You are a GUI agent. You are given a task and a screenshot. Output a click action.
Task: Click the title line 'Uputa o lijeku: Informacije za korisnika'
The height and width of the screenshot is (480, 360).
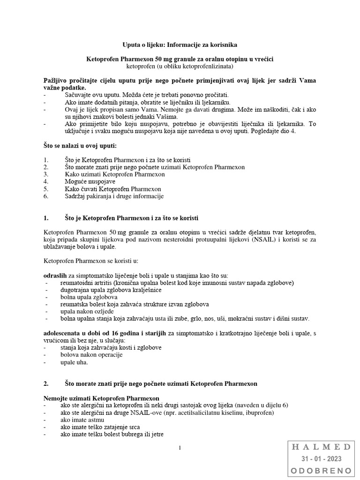tap(180, 45)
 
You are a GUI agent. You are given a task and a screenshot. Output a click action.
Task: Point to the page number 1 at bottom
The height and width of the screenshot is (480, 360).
tap(180, 448)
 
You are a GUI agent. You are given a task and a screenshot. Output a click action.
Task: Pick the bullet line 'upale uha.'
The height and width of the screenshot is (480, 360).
tap(74, 362)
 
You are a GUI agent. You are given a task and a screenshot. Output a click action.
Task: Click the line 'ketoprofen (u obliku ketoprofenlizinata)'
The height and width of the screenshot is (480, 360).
tap(180, 67)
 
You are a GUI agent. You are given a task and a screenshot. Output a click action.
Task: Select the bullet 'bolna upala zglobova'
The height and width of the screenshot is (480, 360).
tap(89, 297)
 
